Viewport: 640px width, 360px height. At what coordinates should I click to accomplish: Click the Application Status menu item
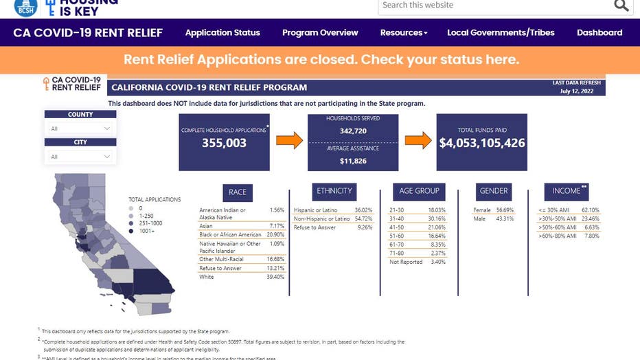(x=222, y=32)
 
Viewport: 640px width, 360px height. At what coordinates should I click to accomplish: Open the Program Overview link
(x=320, y=32)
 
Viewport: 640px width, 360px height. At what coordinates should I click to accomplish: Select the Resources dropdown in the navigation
(x=404, y=32)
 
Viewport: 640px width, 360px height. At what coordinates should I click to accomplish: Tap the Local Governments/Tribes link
(x=501, y=32)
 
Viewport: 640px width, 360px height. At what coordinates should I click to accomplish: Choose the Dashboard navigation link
(x=599, y=32)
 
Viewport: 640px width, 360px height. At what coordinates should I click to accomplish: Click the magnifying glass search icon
(x=621, y=6)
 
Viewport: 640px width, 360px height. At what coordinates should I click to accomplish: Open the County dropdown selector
(x=80, y=128)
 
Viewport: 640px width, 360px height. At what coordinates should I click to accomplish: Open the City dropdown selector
(x=80, y=157)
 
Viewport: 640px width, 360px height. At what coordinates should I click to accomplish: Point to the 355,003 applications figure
(x=224, y=144)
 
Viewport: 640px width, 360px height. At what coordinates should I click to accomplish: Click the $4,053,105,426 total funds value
(x=482, y=144)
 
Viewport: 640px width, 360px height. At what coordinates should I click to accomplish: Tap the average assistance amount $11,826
(x=353, y=161)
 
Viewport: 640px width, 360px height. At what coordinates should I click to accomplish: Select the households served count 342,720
(x=353, y=130)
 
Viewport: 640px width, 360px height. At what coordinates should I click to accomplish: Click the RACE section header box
(x=237, y=192)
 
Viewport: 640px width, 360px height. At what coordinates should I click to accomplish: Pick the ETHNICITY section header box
(x=334, y=191)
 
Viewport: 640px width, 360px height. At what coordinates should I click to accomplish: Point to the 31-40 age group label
(x=397, y=218)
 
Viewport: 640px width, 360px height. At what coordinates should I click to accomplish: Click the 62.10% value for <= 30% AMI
(x=591, y=210)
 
